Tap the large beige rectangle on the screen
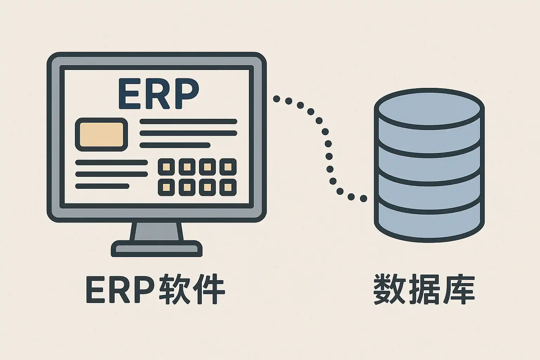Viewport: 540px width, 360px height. point(102,135)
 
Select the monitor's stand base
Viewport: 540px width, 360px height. point(157,249)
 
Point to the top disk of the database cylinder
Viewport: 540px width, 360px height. point(429,107)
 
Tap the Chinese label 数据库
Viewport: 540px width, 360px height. point(424,290)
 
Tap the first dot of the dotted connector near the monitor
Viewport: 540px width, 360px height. point(277,99)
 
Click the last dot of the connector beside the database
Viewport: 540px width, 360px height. point(363,199)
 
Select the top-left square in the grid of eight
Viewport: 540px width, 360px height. point(167,167)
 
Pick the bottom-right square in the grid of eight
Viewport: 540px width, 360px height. point(228,187)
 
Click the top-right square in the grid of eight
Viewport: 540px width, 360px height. point(228,167)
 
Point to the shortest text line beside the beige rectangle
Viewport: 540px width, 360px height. point(175,145)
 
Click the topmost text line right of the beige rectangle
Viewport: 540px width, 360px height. point(188,122)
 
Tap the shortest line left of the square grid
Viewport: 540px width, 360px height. point(102,186)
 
